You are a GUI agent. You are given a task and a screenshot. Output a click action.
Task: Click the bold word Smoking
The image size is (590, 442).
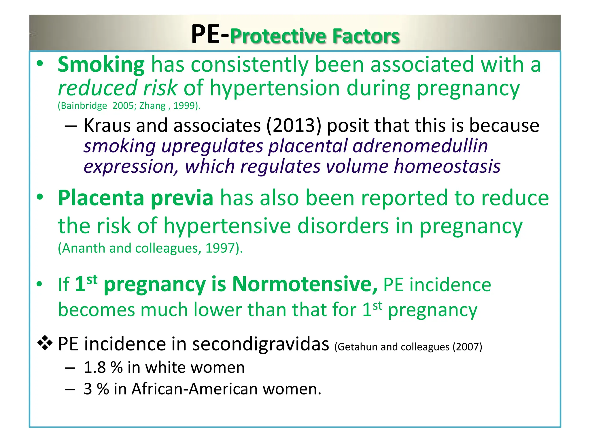coord(101,65)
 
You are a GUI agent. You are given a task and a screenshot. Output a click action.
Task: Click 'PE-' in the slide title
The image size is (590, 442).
coord(210,35)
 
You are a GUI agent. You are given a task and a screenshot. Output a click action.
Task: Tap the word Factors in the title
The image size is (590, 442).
coord(366,36)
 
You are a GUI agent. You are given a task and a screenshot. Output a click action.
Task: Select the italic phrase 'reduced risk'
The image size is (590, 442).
coord(117,88)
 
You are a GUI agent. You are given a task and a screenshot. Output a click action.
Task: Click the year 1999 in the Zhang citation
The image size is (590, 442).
coord(184,106)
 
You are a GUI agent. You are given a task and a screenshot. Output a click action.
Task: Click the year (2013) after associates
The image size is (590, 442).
coord(294,126)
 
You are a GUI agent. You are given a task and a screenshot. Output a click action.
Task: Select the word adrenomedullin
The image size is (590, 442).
coord(420,146)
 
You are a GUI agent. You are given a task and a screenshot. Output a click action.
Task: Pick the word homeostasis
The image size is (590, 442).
coord(447,166)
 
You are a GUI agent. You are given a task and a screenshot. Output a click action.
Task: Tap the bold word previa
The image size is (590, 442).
coord(182,198)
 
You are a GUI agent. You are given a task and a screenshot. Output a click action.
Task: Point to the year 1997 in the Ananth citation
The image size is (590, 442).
coord(219,248)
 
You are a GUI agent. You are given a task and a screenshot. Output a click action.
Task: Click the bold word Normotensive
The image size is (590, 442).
coord(305,284)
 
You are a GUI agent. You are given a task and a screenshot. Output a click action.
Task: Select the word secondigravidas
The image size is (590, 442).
coord(260,344)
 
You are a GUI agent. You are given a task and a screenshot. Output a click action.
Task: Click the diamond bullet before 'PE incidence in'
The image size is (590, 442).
coord(45,343)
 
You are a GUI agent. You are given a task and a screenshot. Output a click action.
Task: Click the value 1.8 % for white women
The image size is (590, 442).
coord(103,367)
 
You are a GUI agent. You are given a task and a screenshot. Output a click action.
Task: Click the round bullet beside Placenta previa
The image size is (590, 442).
coord(40,197)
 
